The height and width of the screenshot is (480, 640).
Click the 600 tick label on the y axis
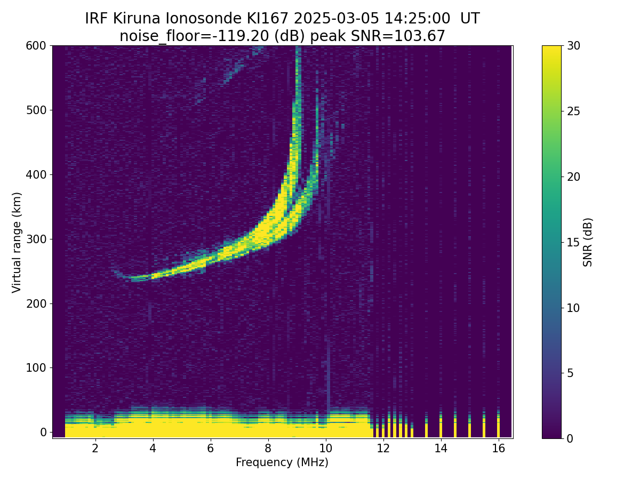click(36, 46)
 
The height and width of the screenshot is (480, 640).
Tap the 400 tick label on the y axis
click(36, 174)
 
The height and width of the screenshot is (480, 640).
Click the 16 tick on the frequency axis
click(498, 438)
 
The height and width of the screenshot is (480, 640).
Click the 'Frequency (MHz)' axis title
click(282, 462)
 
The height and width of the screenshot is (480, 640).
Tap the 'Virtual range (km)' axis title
click(17, 242)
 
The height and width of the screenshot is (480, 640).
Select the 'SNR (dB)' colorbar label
click(588, 242)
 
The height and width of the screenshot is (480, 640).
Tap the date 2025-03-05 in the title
click(337, 19)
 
